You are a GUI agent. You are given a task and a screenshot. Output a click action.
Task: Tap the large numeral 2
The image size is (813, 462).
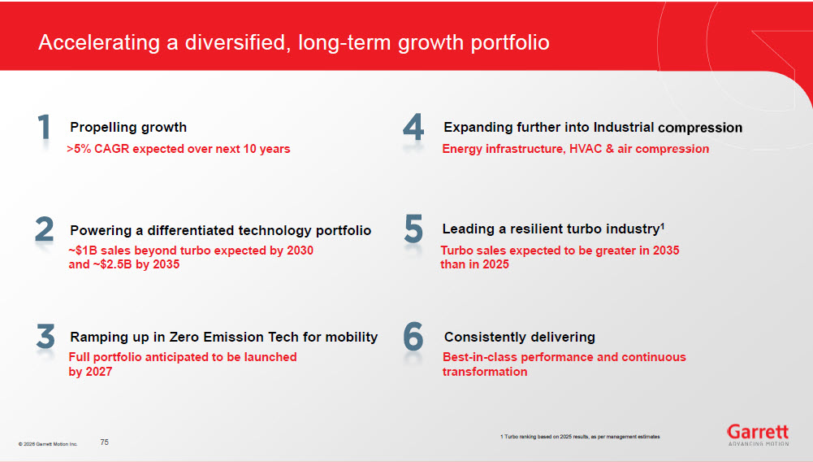coord(45,229)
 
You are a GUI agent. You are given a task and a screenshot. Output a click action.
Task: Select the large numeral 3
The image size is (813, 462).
coord(45,336)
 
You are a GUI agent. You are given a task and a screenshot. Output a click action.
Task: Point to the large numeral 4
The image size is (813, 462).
coord(413,127)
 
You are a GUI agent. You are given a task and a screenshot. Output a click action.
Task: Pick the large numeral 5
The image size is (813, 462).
coord(413,229)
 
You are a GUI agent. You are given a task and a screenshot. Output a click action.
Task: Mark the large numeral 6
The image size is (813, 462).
coord(413,337)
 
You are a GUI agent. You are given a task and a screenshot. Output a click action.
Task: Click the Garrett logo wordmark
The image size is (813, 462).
coord(758,431)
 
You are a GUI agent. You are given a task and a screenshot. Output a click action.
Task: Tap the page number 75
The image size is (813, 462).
coord(104,442)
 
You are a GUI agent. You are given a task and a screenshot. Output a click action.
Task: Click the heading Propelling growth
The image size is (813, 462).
coord(128,127)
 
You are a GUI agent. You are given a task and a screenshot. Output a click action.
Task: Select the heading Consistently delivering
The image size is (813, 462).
coord(520,337)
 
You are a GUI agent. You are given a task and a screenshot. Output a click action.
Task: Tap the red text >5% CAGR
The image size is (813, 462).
coord(97,149)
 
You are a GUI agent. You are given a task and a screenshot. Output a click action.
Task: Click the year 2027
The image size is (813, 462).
coord(98,372)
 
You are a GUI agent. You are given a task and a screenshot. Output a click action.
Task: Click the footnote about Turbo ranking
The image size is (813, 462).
coord(580,437)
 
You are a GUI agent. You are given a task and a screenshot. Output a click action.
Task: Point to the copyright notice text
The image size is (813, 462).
coord(48,444)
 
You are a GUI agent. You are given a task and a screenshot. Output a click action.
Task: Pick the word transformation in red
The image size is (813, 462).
coord(485,372)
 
